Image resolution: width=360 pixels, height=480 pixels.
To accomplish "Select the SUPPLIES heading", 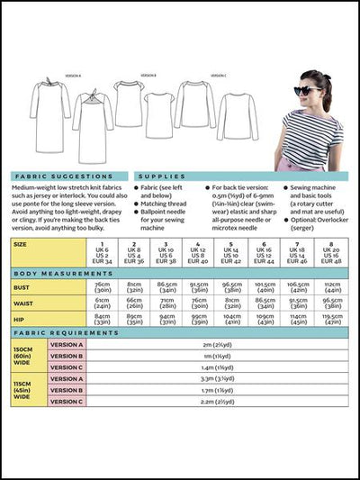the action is pyautogui.click(x=162, y=177).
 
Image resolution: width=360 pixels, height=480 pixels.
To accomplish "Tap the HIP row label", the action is pyautogui.click(x=20, y=319).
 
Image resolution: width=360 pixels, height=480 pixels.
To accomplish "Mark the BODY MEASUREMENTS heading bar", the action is pyautogui.click(x=54, y=272).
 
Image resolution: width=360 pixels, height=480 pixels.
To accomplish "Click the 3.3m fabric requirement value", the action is pyautogui.click(x=212, y=379).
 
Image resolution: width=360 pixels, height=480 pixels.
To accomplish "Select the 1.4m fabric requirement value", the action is pyautogui.click(x=212, y=367).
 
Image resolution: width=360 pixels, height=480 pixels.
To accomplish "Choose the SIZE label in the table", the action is pyautogui.click(x=21, y=243).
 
